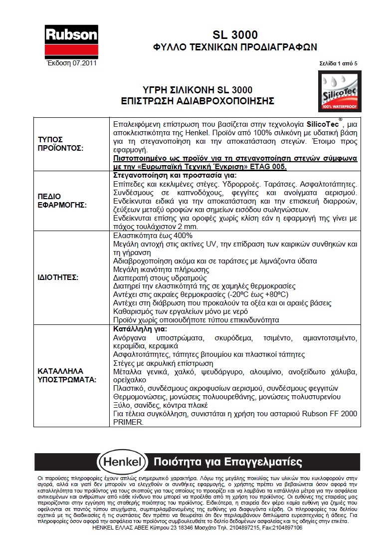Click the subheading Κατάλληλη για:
140,329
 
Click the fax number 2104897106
286,528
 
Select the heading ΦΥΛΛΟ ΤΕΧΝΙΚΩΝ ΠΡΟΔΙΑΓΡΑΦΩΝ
234,47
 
